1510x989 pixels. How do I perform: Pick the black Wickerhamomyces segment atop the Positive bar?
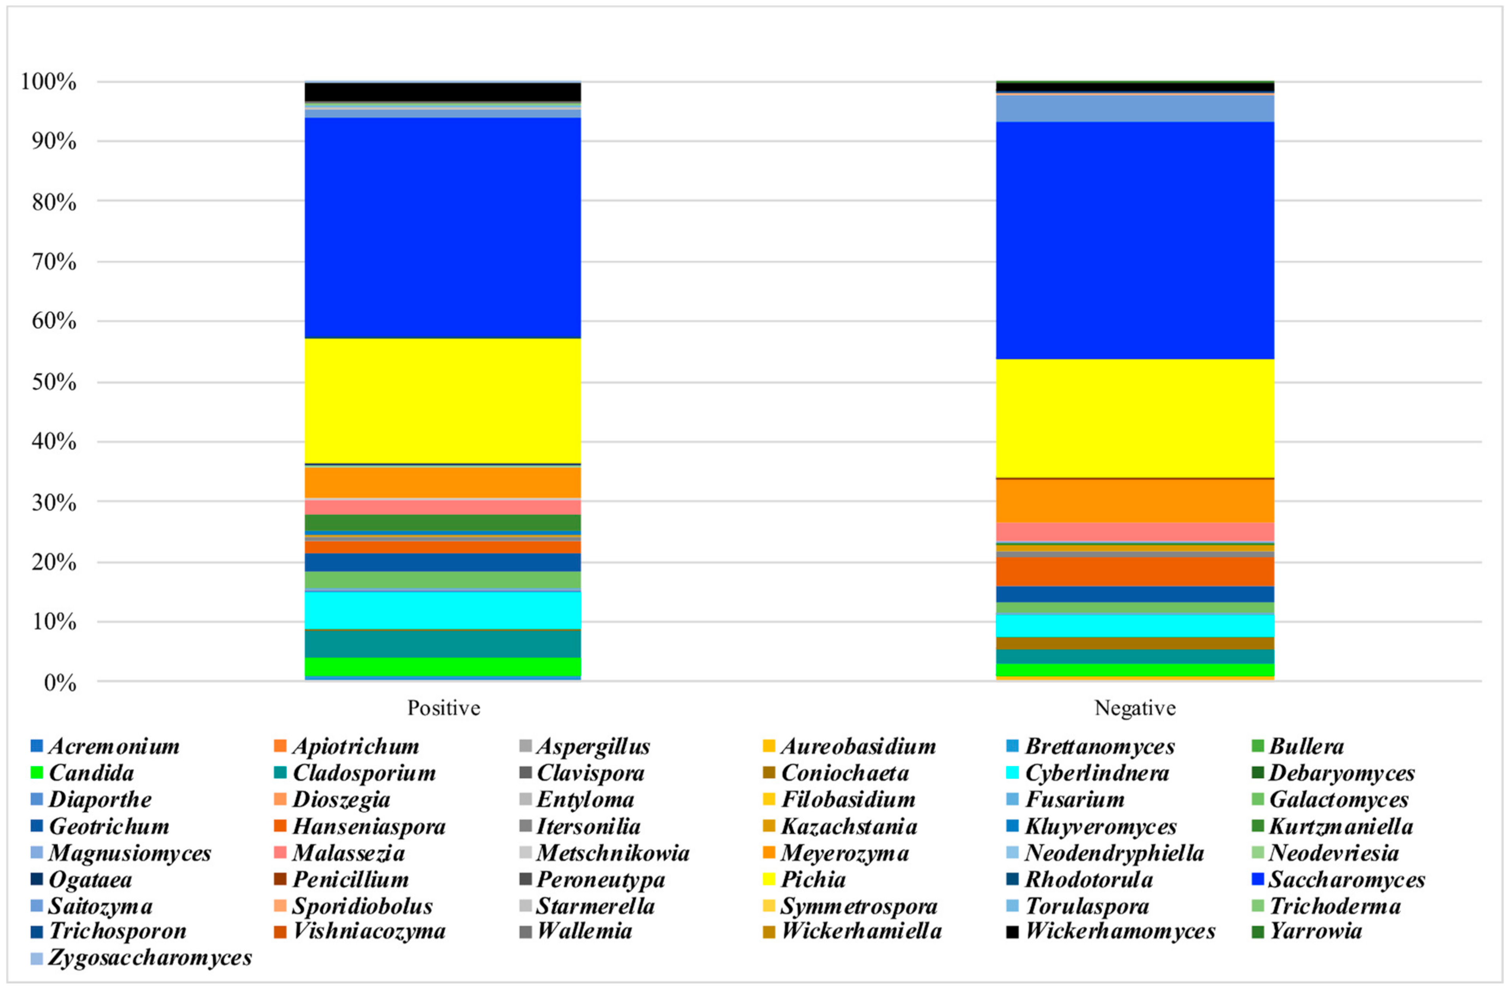[443, 92]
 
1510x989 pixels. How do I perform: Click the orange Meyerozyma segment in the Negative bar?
[1134, 500]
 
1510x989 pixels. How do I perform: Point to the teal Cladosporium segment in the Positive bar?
[443, 643]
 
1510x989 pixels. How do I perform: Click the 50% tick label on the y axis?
[54, 382]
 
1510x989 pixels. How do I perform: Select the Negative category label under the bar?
[1135, 708]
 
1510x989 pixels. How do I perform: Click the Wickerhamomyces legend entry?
[1120, 931]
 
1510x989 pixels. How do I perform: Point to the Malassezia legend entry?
[348, 853]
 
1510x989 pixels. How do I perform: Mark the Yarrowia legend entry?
[1315, 931]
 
